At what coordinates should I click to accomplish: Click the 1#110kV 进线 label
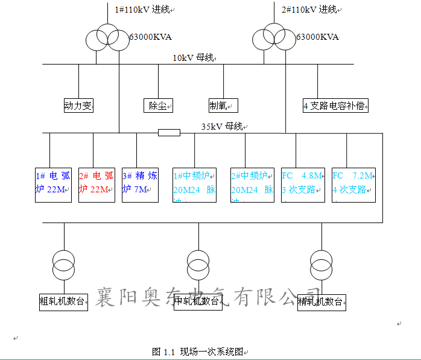point(142,10)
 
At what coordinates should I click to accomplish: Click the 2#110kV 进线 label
point(309,10)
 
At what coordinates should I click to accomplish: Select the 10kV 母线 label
point(193,58)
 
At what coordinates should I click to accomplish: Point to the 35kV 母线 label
point(221,127)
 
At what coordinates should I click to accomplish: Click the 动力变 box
point(78,106)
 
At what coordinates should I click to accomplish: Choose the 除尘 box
point(158,106)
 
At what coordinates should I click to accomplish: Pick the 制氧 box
point(223,106)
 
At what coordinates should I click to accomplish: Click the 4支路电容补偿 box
point(335,106)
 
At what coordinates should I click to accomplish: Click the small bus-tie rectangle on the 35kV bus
point(169,133)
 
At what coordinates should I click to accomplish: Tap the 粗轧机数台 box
point(63,302)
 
